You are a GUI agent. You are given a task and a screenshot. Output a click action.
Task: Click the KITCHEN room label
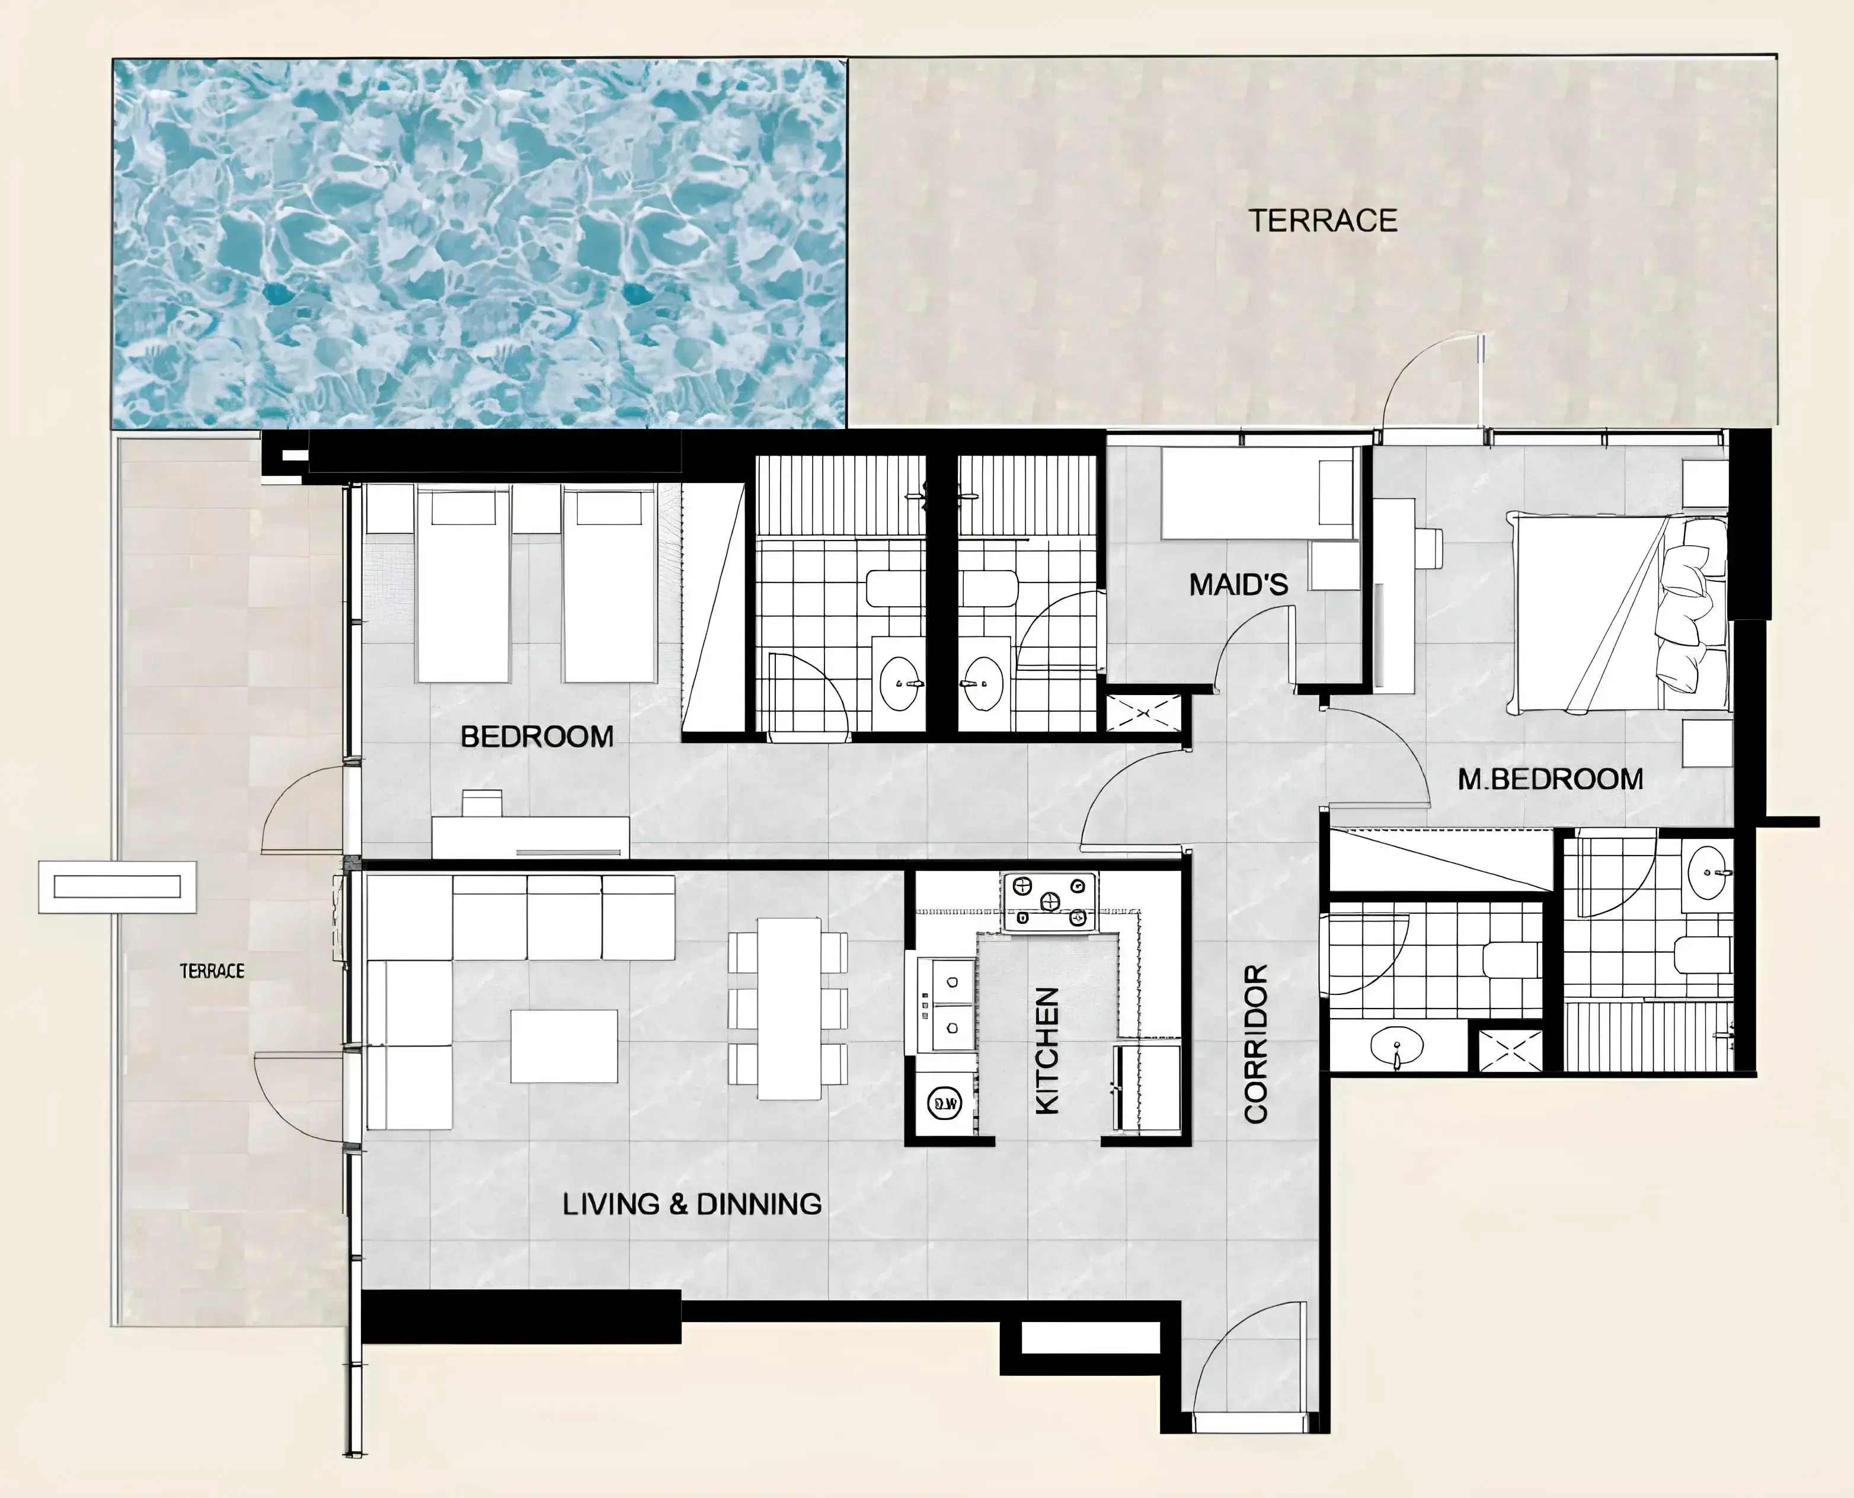1046,1050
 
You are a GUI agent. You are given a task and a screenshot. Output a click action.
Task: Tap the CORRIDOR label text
1256,1044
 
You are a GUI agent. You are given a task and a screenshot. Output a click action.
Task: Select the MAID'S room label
1239,585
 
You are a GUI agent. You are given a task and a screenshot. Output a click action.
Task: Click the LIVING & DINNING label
692,1203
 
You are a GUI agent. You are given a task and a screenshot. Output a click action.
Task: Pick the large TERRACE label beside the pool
1323,221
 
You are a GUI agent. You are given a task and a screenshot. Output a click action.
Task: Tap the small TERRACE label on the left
212,971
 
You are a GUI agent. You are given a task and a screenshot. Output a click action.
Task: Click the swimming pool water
479,244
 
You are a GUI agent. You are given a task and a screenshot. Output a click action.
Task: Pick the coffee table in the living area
564,1046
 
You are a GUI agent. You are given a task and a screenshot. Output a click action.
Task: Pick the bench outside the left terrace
117,886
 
